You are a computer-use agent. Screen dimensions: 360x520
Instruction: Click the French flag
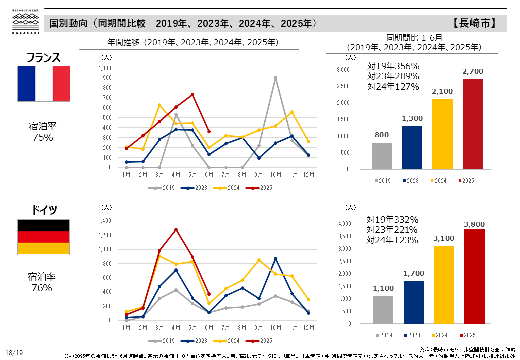tap(44, 84)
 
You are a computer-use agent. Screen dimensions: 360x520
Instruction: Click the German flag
tap(44, 237)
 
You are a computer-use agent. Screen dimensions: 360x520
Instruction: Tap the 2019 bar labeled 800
tap(382, 156)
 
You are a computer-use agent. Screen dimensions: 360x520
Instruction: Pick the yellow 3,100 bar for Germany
tap(444, 285)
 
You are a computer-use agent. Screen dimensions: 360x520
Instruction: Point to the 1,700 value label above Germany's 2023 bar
tap(413, 273)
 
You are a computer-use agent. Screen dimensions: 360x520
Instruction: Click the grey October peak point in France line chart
tap(275, 78)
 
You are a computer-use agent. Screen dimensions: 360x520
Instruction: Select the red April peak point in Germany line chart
tap(176, 230)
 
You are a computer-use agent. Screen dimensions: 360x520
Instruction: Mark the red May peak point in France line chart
tap(192, 94)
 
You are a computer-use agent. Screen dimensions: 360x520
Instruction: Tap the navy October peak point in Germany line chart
tap(275, 258)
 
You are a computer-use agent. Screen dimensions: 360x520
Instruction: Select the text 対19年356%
tap(393, 66)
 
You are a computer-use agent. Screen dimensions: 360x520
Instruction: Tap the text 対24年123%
tap(392, 240)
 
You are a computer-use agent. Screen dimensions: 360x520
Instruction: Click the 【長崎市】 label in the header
tap(475, 23)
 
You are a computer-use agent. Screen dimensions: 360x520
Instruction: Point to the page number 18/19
tap(14, 353)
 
